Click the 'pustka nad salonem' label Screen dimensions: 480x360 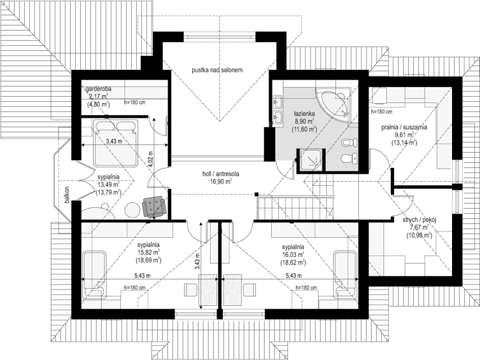(217, 70)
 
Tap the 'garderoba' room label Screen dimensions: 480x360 (99, 89)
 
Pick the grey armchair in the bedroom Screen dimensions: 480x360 (154, 207)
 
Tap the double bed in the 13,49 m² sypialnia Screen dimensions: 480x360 (116, 144)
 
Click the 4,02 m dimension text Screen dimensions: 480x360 (151, 158)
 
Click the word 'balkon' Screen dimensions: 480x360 (67, 195)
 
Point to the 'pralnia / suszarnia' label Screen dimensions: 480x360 (404, 128)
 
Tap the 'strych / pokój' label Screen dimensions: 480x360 (419, 219)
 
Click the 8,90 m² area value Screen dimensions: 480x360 (304, 121)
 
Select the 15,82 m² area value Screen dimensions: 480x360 (148, 252)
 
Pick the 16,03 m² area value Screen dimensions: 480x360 (293, 254)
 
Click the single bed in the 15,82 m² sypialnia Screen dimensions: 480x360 (95, 275)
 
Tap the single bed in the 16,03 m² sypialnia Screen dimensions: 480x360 (346, 274)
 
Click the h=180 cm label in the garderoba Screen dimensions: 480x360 (135, 103)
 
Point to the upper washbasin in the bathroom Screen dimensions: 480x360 (279, 101)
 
